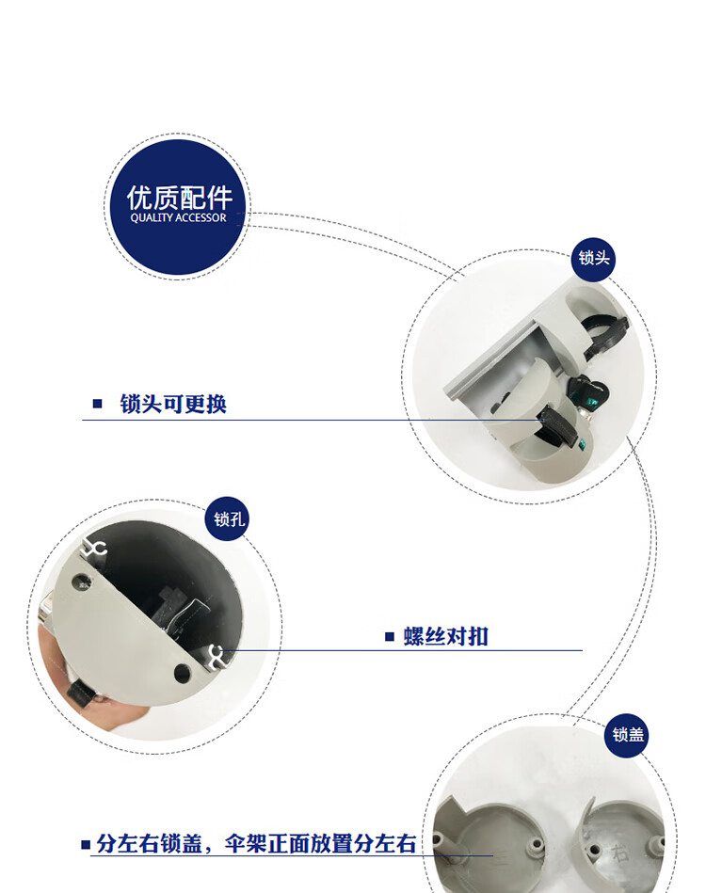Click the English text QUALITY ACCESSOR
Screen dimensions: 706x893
[x=178, y=217]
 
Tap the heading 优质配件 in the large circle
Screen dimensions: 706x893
[x=179, y=198]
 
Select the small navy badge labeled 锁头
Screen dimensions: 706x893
[x=593, y=259]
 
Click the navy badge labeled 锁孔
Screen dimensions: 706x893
[x=228, y=518]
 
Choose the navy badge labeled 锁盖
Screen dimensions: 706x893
[x=627, y=735]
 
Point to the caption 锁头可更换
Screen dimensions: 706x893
[x=173, y=404]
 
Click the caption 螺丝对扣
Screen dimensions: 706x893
[x=446, y=636]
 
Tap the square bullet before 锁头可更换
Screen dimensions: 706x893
[x=98, y=404]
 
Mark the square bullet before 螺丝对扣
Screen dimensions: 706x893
[x=390, y=636]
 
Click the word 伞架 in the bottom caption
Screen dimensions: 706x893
[x=246, y=843]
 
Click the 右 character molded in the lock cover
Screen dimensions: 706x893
[x=620, y=853]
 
